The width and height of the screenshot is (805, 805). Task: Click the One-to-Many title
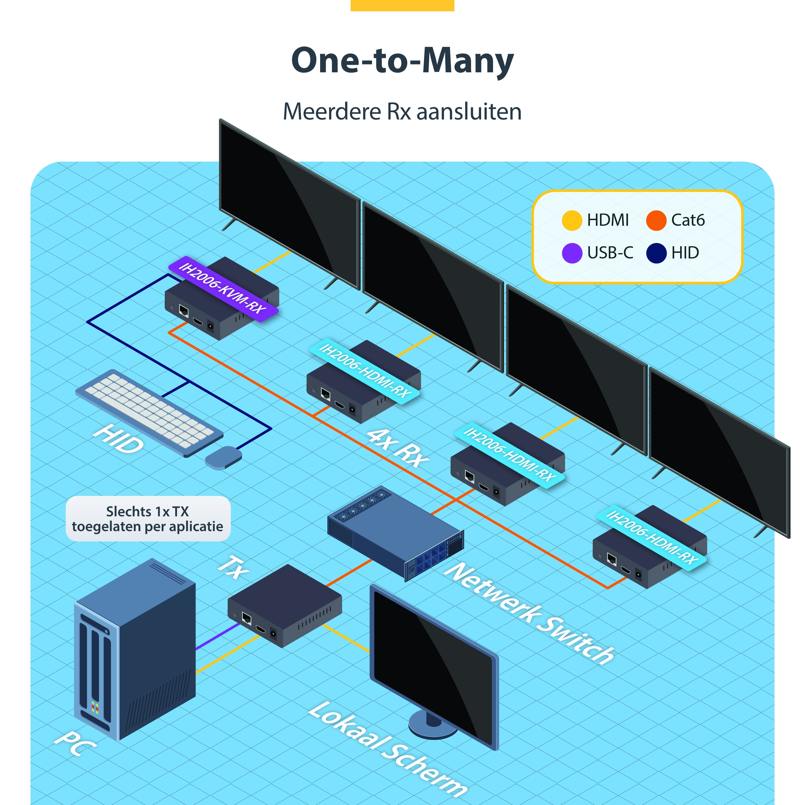pyautogui.click(x=402, y=60)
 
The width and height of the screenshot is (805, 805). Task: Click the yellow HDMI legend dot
pyautogui.click(x=572, y=220)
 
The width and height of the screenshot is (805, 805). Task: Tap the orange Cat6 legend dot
pyautogui.click(x=656, y=220)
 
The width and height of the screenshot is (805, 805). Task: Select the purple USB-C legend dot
pyautogui.click(x=572, y=253)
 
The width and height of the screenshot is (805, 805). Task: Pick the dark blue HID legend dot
pyautogui.click(x=656, y=253)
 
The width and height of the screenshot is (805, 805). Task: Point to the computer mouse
pyautogui.click(x=223, y=458)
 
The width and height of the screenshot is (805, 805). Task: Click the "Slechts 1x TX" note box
pyautogui.click(x=148, y=519)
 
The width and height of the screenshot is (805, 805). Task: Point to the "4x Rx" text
pyautogui.click(x=398, y=448)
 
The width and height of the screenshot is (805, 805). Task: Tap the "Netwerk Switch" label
pyautogui.click(x=529, y=613)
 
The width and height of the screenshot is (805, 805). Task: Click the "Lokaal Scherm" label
pyautogui.click(x=387, y=748)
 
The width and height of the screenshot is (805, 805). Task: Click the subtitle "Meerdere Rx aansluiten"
pyautogui.click(x=402, y=112)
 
